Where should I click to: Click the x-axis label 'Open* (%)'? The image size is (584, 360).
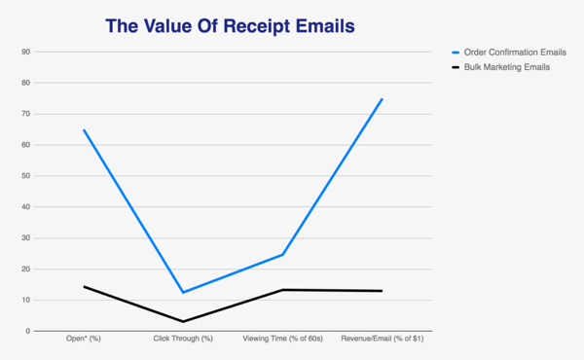pyautogui.click(x=83, y=340)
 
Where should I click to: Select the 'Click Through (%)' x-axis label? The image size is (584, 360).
pyautogui.click(x=183, y=340)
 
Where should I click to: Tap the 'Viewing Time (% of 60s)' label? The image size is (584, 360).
pyautogui.click(x=282, y=340)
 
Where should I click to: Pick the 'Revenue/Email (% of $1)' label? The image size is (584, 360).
pyautogui.click(x=382, y=340)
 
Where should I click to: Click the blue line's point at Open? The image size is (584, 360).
pyautogui.click(x=84, y=129)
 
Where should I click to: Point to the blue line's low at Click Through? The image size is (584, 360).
pyautogui.click(x=183, y=292)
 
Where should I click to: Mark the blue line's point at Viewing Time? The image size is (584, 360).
pyautogui.click(x=283, y=254)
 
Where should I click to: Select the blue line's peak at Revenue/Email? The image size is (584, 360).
pyautogui.click(x=383, y=98)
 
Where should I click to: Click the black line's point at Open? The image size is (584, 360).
pyautogui.click(x=84, y=286)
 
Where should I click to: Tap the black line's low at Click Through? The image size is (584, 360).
pyautogui.click(x=183, y=321)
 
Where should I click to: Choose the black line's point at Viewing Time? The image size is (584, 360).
pyautogui.click(x=283, y=290)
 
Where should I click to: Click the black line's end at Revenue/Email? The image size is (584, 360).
pyautogui.click(x=383, y=291)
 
